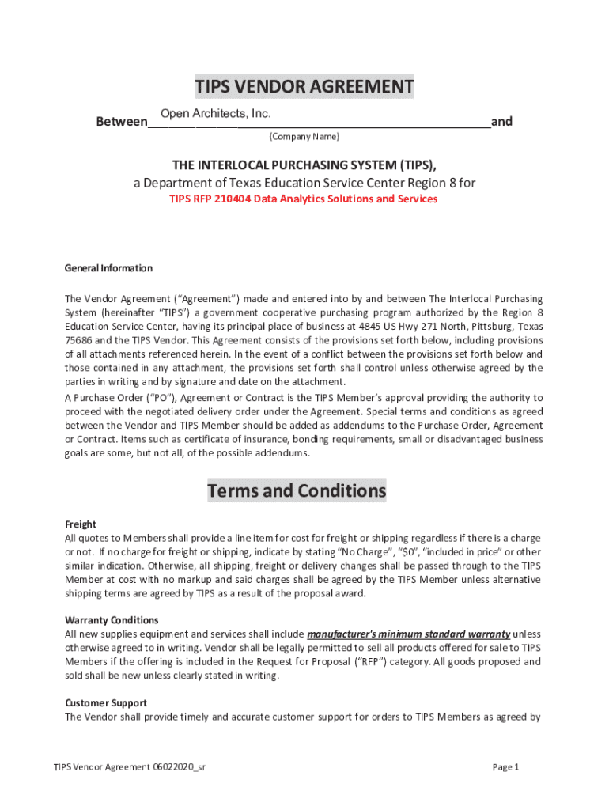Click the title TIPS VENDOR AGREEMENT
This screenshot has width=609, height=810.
click(x=304, y=86)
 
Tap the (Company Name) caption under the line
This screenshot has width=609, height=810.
click(x=304, y=137)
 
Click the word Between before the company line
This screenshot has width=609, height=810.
click(x=121, y=122)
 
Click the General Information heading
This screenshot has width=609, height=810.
click(x=108, y=268)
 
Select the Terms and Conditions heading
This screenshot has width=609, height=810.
click(x=297, y=491)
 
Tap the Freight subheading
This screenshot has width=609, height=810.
click(x=80, y=524)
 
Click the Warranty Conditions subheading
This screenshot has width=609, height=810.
click(x=112, y=620)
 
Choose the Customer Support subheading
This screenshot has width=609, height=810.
click(x=105, y=703)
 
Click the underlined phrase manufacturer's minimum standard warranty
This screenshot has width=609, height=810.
click(x=408, y=634)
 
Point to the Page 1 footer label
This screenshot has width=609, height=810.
click(x=505, y=767)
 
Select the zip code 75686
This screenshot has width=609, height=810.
click(x=78, y=340)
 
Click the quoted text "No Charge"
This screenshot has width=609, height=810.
click(x=363, y=552)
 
